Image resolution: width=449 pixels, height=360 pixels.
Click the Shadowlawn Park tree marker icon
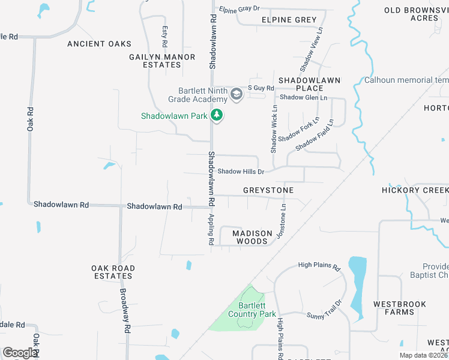[217, 115]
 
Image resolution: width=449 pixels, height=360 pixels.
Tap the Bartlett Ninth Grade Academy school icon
[236, 94]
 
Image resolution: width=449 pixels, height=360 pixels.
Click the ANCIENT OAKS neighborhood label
[99, 44]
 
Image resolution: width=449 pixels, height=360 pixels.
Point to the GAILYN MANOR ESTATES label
[162, 61]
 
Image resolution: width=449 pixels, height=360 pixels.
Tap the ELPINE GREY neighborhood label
[289, 20]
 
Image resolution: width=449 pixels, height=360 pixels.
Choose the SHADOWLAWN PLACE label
[309, 84]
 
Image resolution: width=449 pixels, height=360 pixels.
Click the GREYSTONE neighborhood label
[268, 190]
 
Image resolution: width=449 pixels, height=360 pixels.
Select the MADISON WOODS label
[252, 237]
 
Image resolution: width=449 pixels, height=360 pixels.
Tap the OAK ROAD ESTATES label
[113, 272]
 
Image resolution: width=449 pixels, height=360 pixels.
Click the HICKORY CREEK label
[415, 190]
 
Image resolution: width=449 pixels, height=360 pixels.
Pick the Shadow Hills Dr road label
[241, 172]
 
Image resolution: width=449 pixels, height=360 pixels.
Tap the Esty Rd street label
[164, 37]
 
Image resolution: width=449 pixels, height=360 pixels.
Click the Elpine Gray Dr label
[238, 9]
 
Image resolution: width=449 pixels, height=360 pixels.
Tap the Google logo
[20, 352]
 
